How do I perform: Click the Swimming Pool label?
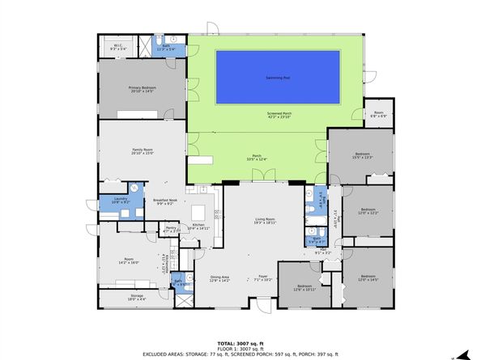278,78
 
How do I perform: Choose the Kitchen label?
198,227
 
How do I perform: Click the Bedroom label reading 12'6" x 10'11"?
304,288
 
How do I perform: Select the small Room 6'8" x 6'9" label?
378,114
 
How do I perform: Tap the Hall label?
322,252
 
